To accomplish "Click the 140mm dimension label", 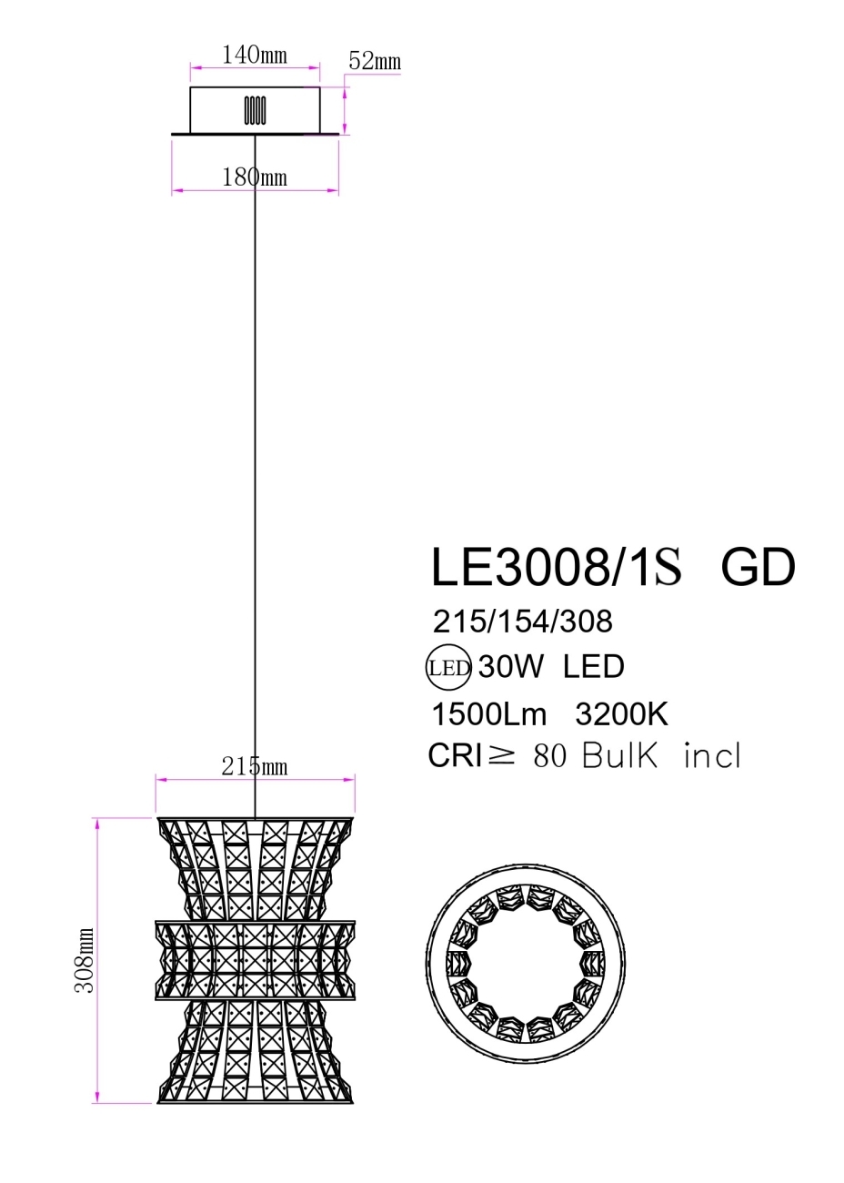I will tap(255, 56).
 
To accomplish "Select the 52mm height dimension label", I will tap(375, 62).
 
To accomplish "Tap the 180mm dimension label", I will tap(255, 177).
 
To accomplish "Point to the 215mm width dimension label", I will tap(255, 767).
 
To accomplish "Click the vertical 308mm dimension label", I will tap(85, 961).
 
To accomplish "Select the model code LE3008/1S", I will tap(555, 567).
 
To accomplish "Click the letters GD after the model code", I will tap(758, 567).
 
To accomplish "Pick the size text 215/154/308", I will tap(523, 622).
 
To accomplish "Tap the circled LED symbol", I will tap(448, 668).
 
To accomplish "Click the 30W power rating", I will tap(510, 667).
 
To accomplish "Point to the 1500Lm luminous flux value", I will tap(489, 714).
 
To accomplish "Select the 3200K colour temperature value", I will tap(622, 714).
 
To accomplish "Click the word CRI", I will tap(454, 756).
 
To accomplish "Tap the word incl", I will tap(712, 756).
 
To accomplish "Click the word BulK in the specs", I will tap(619, 756).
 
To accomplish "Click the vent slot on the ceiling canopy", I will tap(255, 110).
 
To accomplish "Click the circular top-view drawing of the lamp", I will tap(527, 962).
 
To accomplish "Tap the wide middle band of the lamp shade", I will tap(255, 961).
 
